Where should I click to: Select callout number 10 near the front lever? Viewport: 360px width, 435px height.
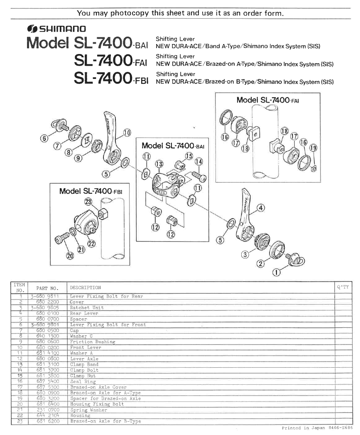coord(127,133)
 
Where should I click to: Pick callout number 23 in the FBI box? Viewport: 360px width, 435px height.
coord(88,202)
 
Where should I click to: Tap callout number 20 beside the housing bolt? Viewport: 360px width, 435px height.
coord(70,256)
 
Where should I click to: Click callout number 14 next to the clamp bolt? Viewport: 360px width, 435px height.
coord(199,161)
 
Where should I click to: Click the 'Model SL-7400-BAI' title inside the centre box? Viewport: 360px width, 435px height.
coord(173,146)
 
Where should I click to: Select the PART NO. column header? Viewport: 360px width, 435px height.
coord(48,288)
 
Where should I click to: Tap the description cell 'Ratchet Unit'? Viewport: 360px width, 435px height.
coord(87,307)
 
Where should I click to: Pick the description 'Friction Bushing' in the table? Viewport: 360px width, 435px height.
coord(93,342)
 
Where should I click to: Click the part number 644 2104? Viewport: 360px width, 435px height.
coord(48,415)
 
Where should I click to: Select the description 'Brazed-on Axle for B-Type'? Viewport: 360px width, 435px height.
coord(105,421)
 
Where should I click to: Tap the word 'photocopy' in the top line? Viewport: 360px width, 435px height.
coord(129,13)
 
